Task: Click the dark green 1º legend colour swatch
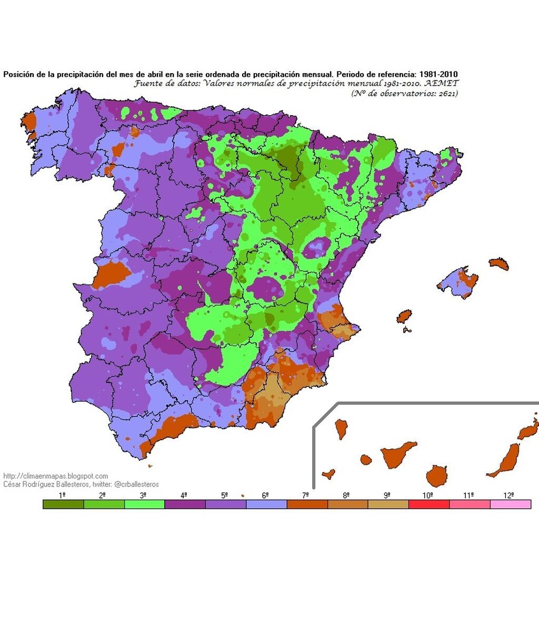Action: pyautogui.click(x=63, y=504)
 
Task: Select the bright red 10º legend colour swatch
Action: pyautogui.click(x=429, y=504)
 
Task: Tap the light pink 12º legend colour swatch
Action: pyautogui.click(x=510, y=504)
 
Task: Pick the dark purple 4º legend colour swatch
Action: pyautogui.click(x=185, y=504)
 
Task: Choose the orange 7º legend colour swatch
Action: pyautogui.click(x=307, y=504)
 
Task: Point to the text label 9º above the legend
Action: pyautogui.click(x=387, y=495)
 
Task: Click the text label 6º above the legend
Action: pyautogui.click(x=265, y=495)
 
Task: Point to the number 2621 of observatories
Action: pyautogui.click(x=446, y=93)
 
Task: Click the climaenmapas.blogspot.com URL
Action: pyautogui.click(x=56, y=476)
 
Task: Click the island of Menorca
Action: pyautogui.click(x=498, y=263)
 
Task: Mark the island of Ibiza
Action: pyautogui.click(x=404, y=317)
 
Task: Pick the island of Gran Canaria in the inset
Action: pyautogui.click(x=436, y=476)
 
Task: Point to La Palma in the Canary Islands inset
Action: pyautogui.click(x=341, y=429)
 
